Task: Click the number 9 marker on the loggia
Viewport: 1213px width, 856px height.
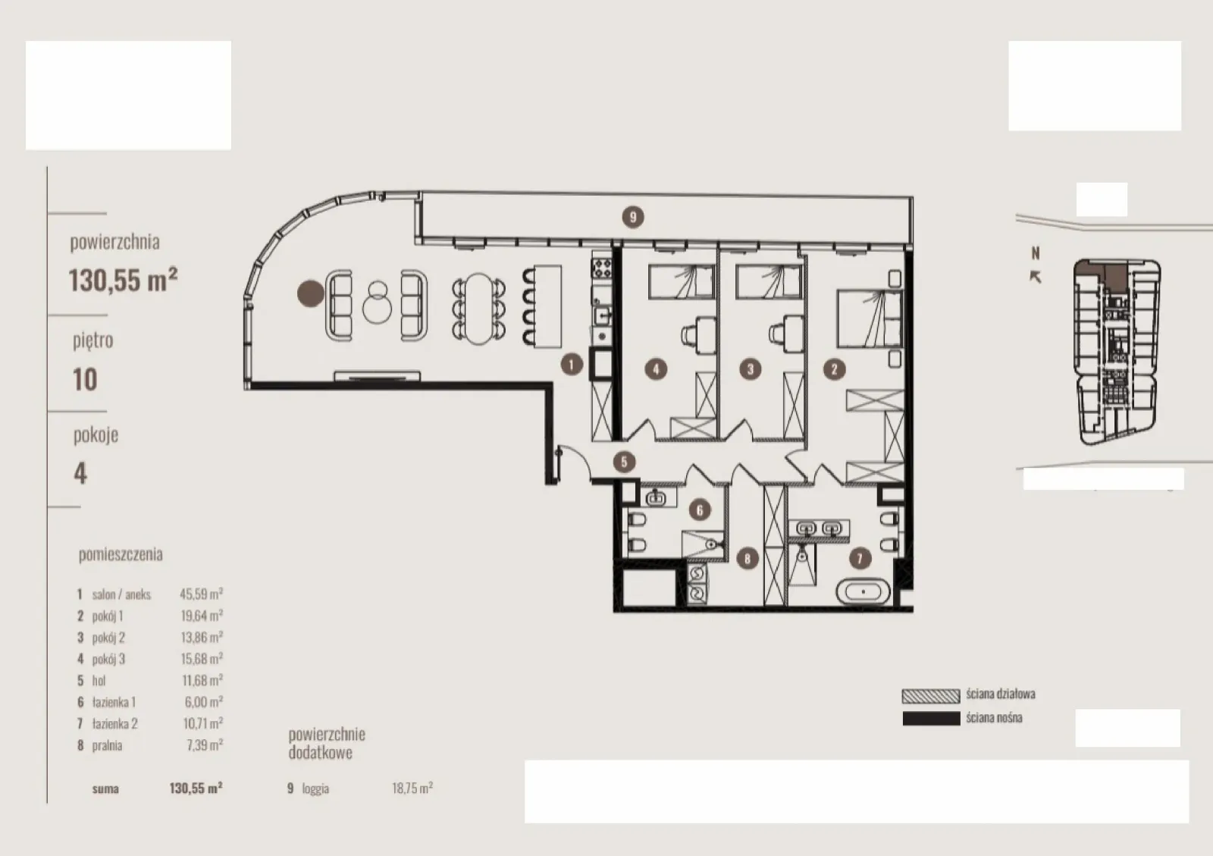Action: click(x=632, y=217)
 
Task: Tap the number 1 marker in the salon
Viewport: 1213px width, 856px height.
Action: click(x=572, y=365)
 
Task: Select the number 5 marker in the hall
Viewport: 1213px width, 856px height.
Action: click(x=624, y=462)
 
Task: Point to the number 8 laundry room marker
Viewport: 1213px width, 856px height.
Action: click(x=748, y=558)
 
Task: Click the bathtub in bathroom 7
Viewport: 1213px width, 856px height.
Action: click(x=864, y=592)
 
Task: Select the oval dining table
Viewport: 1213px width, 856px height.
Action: click(x=478, y=309)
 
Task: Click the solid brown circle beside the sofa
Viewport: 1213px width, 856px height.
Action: click(x=311, y=293)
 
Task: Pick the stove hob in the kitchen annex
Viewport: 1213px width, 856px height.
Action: click(x=601, y=268)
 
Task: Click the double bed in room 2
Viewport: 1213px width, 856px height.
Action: click(x=870, y=319)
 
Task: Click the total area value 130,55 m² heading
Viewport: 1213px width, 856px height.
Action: click(x=124, y=280)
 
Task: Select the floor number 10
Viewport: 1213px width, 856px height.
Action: click(x=85, y=380)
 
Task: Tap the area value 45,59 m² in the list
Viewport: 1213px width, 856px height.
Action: click(x=202, y=594)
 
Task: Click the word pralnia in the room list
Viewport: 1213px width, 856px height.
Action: click(x=107, y=745)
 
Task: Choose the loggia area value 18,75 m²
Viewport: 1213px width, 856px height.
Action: click(x=412, y=788)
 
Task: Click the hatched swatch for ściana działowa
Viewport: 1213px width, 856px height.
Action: click(x=931, y=696)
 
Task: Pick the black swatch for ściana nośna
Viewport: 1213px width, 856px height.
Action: click(x=931, y=719)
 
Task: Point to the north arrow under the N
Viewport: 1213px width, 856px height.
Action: click(x=1035, y=277)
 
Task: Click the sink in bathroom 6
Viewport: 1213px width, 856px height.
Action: click(x=657, y=497)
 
